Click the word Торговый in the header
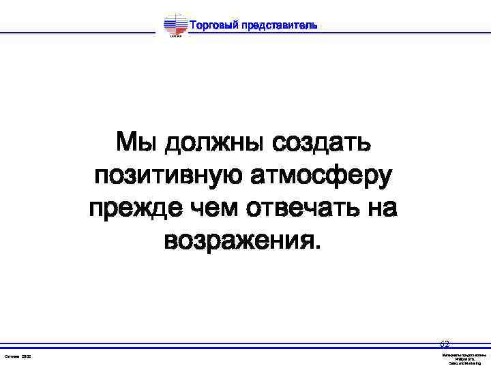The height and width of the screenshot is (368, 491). (x=213, y=26)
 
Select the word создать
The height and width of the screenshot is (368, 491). (x=321, y=144)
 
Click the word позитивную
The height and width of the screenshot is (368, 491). (x=168, y=177)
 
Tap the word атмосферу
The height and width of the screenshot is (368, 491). (x=323, y=177)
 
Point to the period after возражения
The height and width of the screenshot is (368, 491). (x=314, y=247)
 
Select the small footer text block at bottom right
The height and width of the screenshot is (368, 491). (x=464, y=359)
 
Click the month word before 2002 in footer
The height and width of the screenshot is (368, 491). (x=12, y=357)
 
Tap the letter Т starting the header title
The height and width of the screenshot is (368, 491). (x=192, y=26)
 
